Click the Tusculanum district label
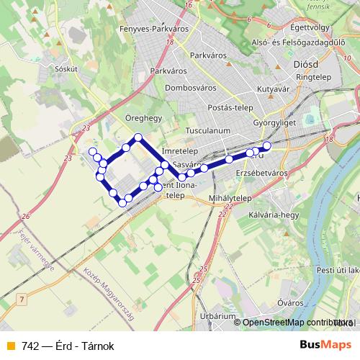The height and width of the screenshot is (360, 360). click(207, 131)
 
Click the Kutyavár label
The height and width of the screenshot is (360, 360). click(273, 89)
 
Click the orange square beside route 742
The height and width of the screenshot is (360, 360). click(10, 346)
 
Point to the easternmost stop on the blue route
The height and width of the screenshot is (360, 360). click(266, 146)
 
